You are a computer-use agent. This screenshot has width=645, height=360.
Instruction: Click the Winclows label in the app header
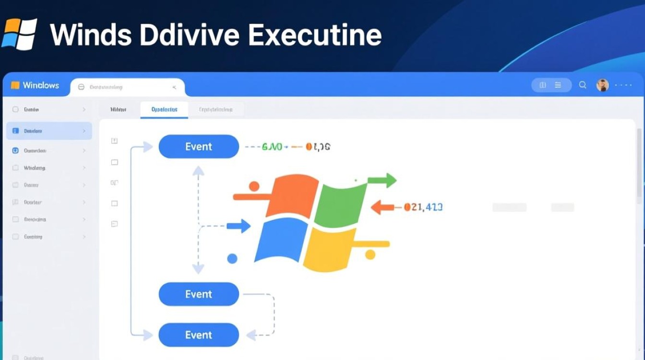pos(41,85)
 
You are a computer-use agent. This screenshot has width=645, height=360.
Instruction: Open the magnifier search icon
pos(583,85)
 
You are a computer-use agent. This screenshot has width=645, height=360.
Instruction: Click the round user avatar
pos(602,85)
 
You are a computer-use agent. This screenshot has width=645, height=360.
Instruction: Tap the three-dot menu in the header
pos(623,85)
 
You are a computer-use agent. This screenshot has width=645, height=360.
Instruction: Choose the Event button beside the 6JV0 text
pos(199,146)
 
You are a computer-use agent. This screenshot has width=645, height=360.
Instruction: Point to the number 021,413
pos(423,207)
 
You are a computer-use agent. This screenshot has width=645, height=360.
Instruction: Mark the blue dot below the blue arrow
pos(232,259)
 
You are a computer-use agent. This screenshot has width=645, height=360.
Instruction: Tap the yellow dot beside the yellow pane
pos(370,254)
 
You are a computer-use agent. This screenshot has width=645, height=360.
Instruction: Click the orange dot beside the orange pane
pos(254,186)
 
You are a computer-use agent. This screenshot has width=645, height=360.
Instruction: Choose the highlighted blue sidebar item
pos(48,131)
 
